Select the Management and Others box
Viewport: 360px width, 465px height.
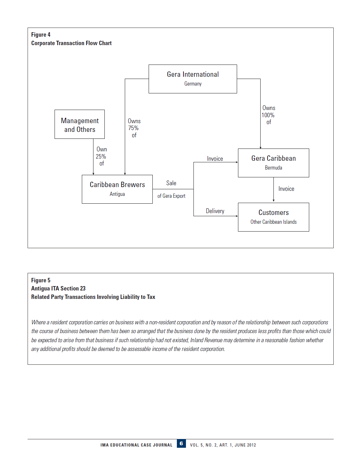pyautogui.click(x=80, y=125)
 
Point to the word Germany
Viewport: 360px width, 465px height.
pyautogui.click(x=193, y=84)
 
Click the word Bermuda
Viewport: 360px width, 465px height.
pyautogui.click(x=273, y=168)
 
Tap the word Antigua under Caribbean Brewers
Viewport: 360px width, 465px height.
pyautogui.click(x=117, y=194)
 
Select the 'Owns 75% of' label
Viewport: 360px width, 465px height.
pyautogui.click(x=134, y=128)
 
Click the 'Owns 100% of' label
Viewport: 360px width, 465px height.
pyautogui.click(x=268, y=115)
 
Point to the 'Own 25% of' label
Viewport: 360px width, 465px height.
pyautogui.click(x=101, y=156)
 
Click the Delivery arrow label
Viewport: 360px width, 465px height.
pyautogui.click(x=215, y=211)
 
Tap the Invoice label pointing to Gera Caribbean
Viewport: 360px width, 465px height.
pyautogui.click(x=215, y=159)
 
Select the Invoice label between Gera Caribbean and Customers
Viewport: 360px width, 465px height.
pyautogui.click(x=286, y=189)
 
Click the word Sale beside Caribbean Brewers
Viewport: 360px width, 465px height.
pyautogui.click(x=171, y=183)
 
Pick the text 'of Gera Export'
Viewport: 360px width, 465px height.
pyautogui.click(x=171, y=196)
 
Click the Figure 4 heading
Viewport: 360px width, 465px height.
pyautogui.click(x=41, y=35)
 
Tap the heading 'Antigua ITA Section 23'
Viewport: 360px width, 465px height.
pyautogui.click(x=58, y=289)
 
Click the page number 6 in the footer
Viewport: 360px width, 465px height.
pyautogui.click(x=181, y=444)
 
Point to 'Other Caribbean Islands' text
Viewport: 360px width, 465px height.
pyautogui.click(x=273, y=222)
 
